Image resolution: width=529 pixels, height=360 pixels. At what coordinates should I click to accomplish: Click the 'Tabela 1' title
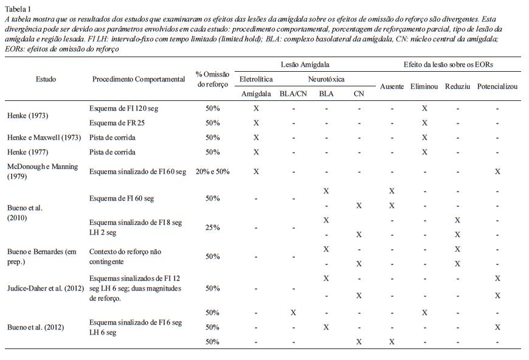pyautogui.click(x=18, y=9)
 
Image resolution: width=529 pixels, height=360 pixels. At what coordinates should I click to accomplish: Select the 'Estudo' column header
pyautogui.click(x=46, y=79)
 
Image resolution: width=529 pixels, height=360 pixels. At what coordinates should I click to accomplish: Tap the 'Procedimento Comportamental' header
pyautogui.click(x=139, y=79)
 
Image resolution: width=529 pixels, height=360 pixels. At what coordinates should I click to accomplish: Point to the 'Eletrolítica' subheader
pyautogui.click(x=256, y=79)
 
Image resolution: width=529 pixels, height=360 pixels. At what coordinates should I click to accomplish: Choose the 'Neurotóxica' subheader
pyautogui.click(x=326, y=79)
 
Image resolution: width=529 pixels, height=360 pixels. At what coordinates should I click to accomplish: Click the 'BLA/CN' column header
pyautogui.click(x=294, y=94)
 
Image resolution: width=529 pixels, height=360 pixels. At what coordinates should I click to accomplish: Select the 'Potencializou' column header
pyautogui.click(x=497, y=86)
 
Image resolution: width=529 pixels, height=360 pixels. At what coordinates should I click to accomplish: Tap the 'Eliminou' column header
pyautogui.click(x=424, y=86)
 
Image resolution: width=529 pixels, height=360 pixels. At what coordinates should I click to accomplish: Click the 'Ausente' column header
pyautogui.click(x=392, y=86)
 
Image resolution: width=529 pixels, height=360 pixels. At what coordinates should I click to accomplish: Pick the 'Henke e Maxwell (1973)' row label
pyautogui.click(x=44, y=137)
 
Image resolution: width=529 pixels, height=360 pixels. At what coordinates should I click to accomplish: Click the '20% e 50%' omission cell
pyautogui.click(x=212, y=171)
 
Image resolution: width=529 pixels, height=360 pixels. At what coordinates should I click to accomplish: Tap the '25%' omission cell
pyautogui.click(x=212, y=227)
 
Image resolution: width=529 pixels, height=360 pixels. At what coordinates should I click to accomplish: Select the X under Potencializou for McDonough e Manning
pyautogui.click(x=497, y=171)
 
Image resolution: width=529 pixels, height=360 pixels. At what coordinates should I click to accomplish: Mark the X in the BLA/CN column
pyautogui.click(x=294, y=313)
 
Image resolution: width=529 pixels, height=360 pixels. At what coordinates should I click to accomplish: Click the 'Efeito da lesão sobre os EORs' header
pyautogui.click(x=448, y=64)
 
